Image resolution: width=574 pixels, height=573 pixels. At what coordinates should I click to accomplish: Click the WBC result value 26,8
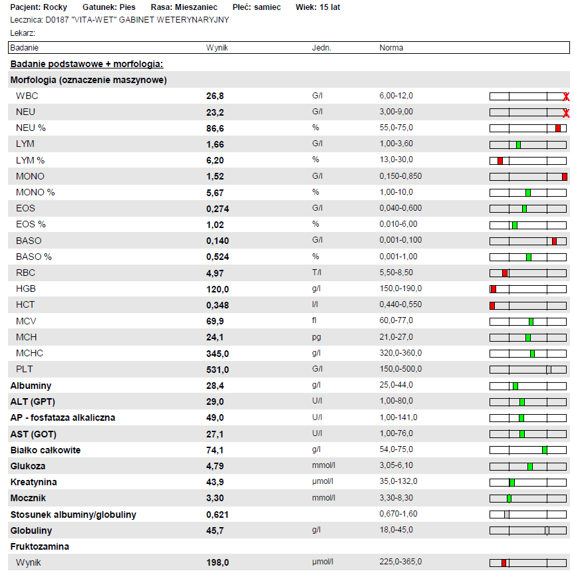point(215,96)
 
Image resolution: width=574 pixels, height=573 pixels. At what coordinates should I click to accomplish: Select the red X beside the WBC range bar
point(566,97)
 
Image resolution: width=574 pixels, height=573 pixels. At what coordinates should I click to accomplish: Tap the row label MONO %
point(35,193)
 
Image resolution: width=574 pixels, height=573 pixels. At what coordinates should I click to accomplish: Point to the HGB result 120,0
point(217,289)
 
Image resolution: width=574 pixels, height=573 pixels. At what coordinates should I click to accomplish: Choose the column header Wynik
point(217,48)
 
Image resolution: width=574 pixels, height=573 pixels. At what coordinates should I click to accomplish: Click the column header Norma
point(391,48)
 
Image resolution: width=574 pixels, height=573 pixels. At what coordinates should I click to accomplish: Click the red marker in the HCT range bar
point(492,305)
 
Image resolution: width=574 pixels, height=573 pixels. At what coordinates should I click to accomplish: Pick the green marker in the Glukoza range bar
point(530,466)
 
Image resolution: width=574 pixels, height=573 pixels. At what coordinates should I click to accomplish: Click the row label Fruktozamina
point(40,546)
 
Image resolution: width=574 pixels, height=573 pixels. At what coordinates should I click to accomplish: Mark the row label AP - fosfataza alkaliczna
point(63,417)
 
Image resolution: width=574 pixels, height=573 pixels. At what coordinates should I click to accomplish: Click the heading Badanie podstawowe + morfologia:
point(86,64)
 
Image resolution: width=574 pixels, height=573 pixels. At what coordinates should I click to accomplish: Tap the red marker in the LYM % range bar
point(500,160)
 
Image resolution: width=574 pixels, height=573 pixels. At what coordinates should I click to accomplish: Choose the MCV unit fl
point(315,321)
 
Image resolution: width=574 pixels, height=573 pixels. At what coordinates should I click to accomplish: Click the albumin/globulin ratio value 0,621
point(217,515)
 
